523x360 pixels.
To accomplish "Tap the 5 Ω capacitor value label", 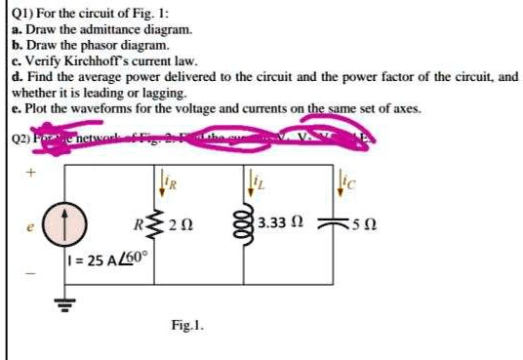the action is click(x=371, y=230).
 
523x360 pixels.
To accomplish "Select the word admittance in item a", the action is click(x=99, y=30).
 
